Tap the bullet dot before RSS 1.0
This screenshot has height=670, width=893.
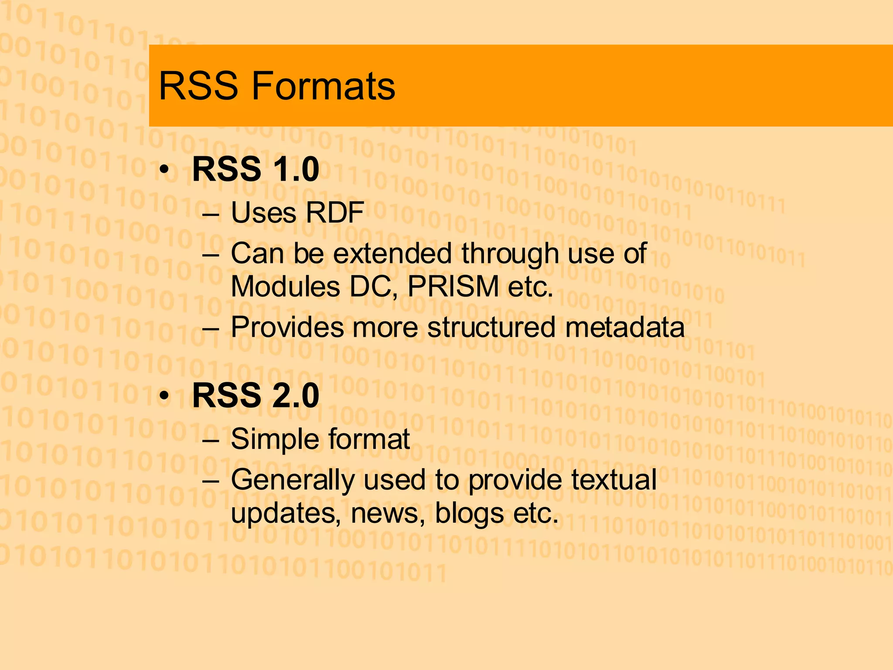coord(164,170)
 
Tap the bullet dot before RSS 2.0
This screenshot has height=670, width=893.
coord(164,396)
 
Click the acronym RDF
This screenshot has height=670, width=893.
coord(334,213)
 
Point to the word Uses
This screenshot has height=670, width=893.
coord(263,213)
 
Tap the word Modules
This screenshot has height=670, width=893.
coord(285,287)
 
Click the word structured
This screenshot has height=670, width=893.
coord(491,327)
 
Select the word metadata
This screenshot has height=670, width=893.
coord(625,327)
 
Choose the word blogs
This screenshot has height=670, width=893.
coord(469,513)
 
